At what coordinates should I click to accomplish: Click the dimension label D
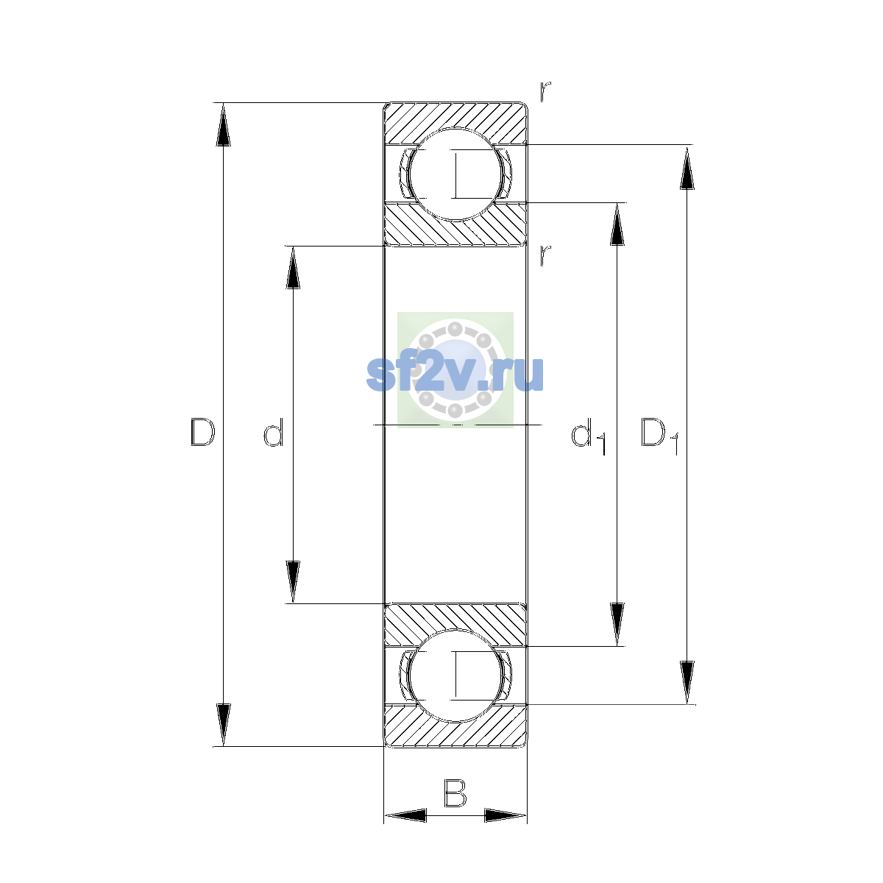(202, 432)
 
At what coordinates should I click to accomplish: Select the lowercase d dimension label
(274, 432)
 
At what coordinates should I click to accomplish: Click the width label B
(455, 792)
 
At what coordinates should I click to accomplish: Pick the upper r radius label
(545, 92)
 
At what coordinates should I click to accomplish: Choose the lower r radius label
(545, 255)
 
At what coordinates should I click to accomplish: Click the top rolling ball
(455, 174)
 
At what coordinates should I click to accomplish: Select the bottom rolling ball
(455, 675)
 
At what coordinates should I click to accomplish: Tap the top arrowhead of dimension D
(223, 124)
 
